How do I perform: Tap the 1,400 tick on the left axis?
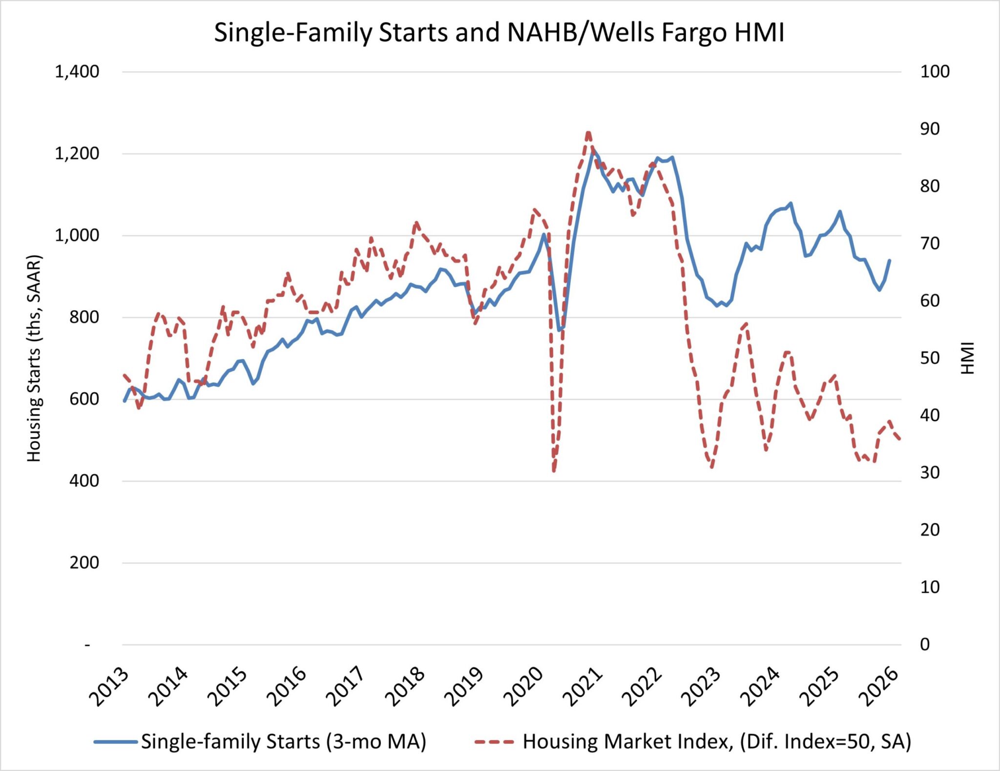click(x=77, y=72)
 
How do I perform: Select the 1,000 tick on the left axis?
click(x=77, y=235)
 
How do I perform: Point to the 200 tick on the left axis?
click(x=83, y=563)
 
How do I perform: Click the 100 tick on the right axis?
click(x=935, y=72)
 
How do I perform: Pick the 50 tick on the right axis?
click(x=930, y=358)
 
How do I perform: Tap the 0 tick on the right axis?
click(x=925, y=645)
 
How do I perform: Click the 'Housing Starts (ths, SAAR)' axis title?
click(x=34, y=358)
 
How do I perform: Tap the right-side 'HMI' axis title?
click(x=967, y=358)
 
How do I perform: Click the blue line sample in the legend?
click(x=115, y=742)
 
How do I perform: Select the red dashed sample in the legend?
click(x=494, y=742)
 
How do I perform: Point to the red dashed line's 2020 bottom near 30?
click(x=554, y=471)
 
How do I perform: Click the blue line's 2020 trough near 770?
click(x=560, y=331)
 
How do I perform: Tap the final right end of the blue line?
click(x=890, y=260)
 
